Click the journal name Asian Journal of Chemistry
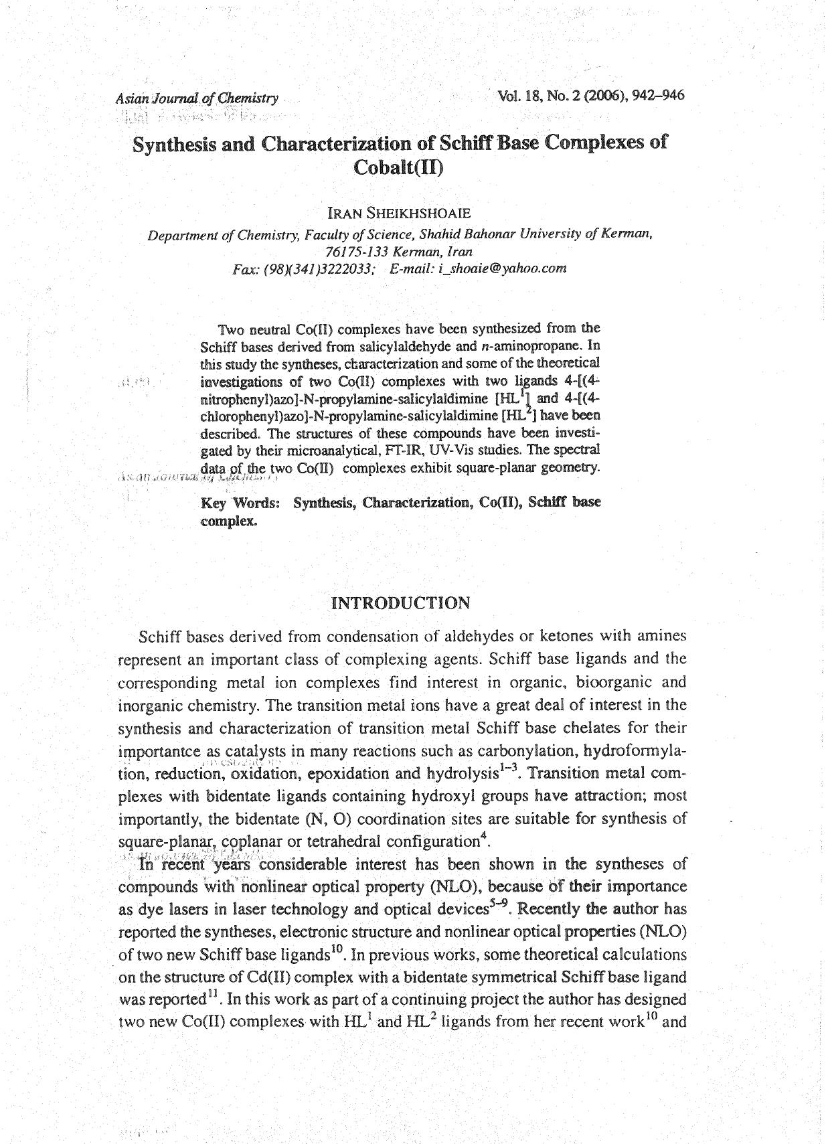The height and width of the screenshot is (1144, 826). [x=197, y=98]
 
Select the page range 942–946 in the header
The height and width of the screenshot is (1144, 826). [x=659, y=95]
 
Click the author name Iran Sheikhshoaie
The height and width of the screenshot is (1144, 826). [x=399, y=214]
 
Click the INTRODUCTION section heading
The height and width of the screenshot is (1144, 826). [x=401, y=603]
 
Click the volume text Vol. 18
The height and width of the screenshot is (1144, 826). [x=519, y=96]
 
